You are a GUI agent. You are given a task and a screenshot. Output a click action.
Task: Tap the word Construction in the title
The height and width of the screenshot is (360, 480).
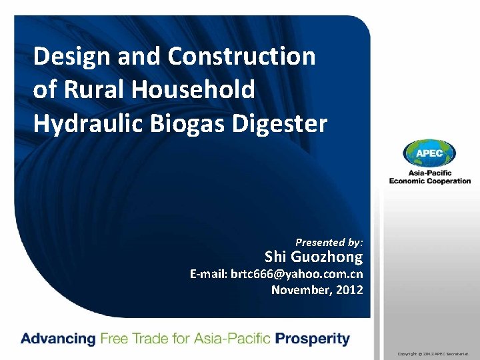(242, 57)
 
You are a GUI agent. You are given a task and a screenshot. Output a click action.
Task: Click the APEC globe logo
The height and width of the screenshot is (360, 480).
(429, 154)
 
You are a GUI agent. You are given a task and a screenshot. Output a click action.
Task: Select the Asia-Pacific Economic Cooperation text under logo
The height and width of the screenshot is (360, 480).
(430, 177)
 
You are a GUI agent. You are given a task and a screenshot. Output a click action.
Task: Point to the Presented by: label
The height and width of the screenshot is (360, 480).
(329, 243)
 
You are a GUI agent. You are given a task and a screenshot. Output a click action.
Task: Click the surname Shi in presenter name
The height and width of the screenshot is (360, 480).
(276, 257)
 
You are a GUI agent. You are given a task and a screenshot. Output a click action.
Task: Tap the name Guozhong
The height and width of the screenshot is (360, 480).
(327, 257)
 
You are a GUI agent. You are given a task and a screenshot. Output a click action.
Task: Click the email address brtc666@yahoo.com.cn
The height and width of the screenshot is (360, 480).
(297, 274)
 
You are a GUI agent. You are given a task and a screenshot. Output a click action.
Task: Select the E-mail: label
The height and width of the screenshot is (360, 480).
(209, 274)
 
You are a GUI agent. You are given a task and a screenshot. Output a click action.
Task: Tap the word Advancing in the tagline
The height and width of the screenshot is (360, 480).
(58, 339)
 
